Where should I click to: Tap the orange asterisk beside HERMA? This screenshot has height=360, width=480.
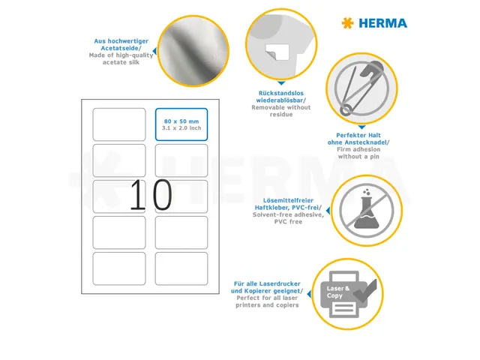[x=347, y=23]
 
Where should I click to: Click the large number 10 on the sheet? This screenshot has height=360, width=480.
[x=150, y=196]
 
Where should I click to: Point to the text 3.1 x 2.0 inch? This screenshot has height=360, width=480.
[x=181, y=128]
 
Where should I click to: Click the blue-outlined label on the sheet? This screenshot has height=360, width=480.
[x=181, y=124]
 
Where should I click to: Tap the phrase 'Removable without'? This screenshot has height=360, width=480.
[x=280, y=108]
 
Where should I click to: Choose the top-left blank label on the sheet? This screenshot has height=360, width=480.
[x=118, y=124]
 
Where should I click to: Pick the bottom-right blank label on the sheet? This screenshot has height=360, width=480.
[x=181, y=268]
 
